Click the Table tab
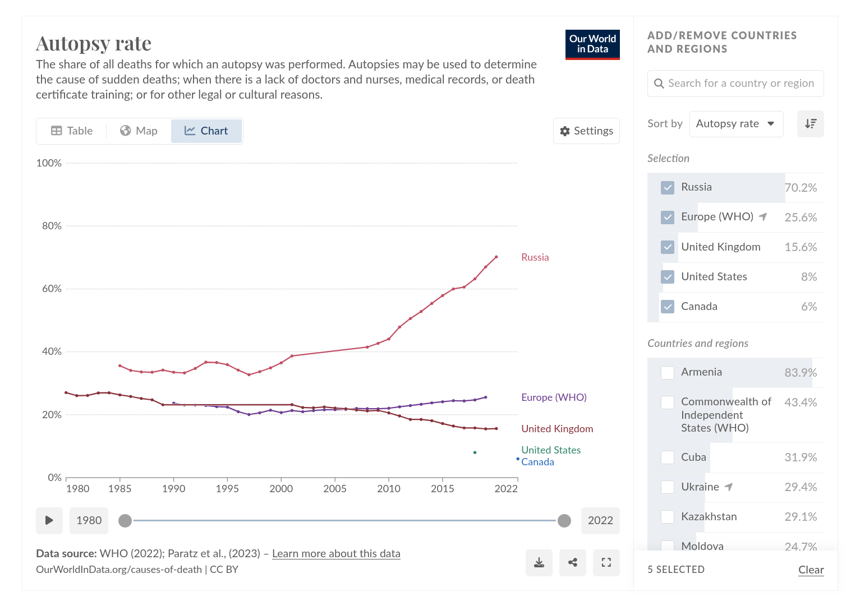pos(72,131)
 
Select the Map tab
pos(139,131)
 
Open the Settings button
pos(586,131)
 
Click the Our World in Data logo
pos(592,44)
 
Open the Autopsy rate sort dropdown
pos(736,124)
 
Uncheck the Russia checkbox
pos(668,188)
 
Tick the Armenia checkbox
pos(668,373)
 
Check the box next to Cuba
pos(668,457)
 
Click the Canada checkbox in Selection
pos(668,307)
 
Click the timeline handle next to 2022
pos(564,521)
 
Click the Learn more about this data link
pos(336,554)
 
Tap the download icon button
pos(539,563)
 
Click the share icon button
pos(573,563)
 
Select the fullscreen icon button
pos(606,563)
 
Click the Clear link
pos(811,570)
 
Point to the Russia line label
pos(535,257)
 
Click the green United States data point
pos(475,452)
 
